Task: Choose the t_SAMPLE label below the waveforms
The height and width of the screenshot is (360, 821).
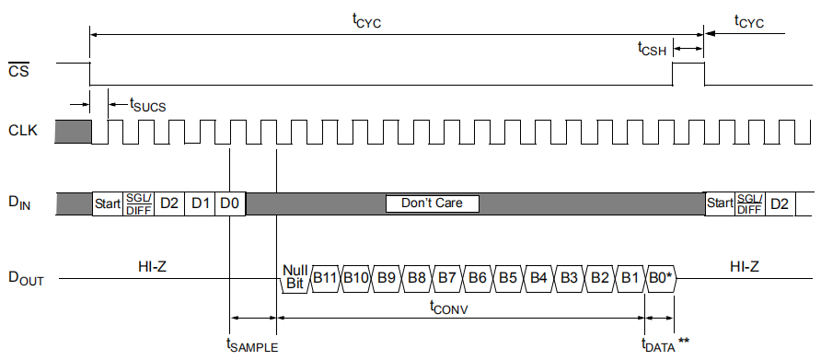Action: pyautogui.click(x=251, y=344)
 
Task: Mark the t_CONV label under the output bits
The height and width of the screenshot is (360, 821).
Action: pyautogui.click(x=449, y=309)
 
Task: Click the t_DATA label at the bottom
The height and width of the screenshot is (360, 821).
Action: pyautogui.click(x=659, y=344)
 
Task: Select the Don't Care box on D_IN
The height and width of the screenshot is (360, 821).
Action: pyautogui.click(x=432, y=203)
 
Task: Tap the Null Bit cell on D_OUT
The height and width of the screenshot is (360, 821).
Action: pyautogui.click(x=295, y=277)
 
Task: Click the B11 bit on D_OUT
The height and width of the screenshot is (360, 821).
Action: pyautogui.click(x=325, y=277)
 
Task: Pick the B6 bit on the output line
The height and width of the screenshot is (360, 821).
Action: pyautogui.click(x=477, y=277)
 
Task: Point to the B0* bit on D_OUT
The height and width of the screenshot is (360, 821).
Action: pyautogui.click(x=661, y=277)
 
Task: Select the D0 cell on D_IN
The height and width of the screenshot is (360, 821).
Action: pyautogui.click(x=230, y=203)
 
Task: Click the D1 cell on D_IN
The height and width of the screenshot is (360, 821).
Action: pyautogui.click(x=200, y=203)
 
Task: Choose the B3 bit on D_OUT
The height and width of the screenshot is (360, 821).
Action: pyautogui.click(x=569, y=277)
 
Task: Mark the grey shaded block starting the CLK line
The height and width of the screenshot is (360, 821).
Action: pyautogui.click(x=73, y=132)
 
